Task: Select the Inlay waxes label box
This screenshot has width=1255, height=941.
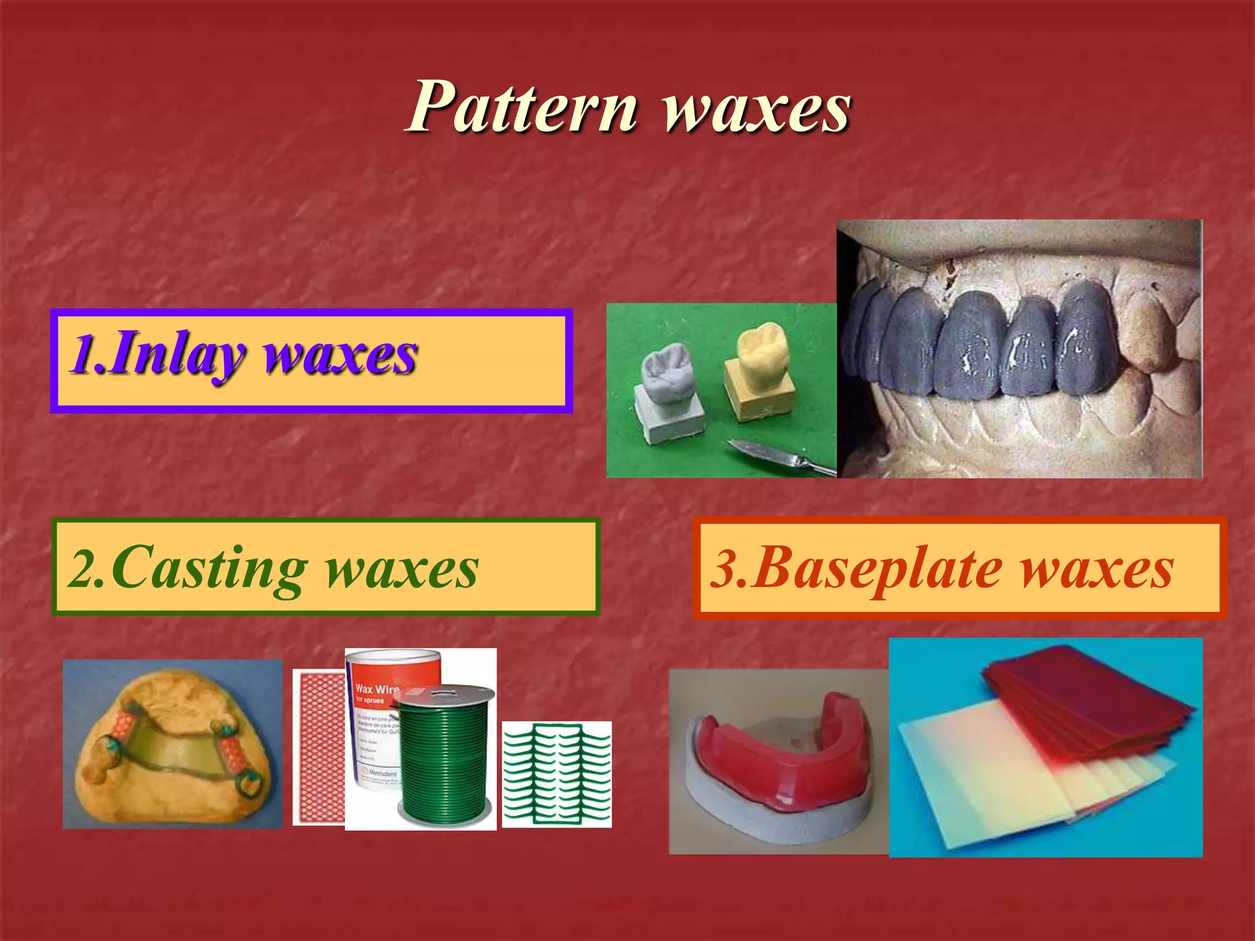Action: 311,361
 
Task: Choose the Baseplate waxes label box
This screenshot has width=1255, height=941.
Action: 960,568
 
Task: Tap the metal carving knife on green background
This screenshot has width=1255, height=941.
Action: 778,456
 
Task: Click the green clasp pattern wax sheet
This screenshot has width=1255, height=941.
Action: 556,774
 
